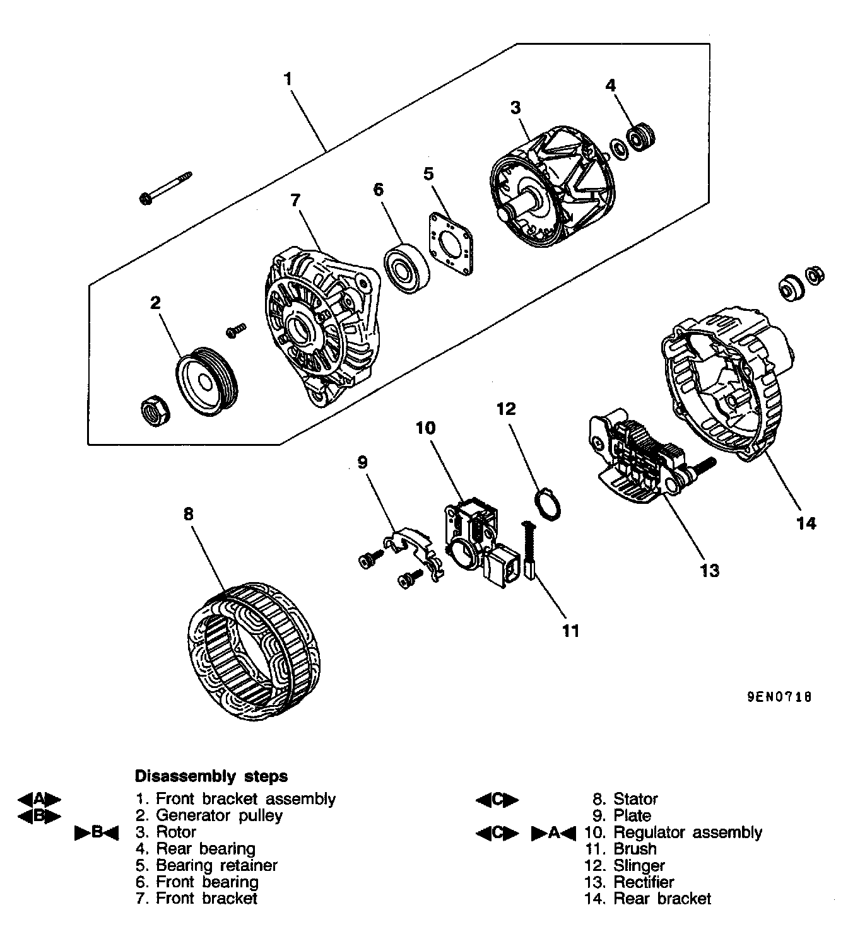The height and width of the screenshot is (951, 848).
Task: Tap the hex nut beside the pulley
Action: (x=153, y=411)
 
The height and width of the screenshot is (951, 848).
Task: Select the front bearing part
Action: (x=408, y=270)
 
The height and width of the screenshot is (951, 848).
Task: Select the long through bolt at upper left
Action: (x=165, y=188)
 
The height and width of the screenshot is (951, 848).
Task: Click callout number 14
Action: (x=806, y=523)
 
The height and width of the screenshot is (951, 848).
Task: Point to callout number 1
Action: (x=288, y=79)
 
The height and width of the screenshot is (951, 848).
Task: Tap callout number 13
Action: (x=709, y=570)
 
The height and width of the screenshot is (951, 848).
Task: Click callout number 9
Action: (x=362, y=462)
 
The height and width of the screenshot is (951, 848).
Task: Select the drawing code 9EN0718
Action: (x=779, y=697)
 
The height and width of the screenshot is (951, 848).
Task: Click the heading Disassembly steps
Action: (x=211, y=776)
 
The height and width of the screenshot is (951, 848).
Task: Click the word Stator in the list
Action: (x=635, y=799)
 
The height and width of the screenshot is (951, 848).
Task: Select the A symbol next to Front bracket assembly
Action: (x=39, y=799)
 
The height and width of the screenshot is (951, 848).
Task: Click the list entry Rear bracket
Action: (x=662, y=899)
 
